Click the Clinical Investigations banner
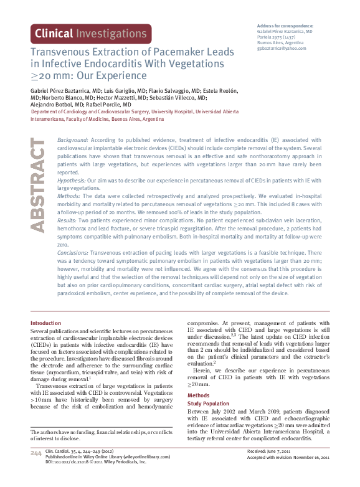[x=91, y=34]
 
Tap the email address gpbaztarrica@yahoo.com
[x=282, y=47]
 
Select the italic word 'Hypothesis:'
[x=72, y=180]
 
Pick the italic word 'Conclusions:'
[x=73, y=253]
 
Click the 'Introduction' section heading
[x=46, y=323]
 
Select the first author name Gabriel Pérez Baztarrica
[x=60, y=91]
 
